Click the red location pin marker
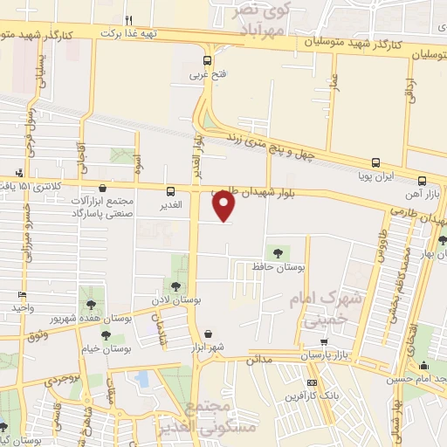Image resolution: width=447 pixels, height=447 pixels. pyautogui.click(x=224, y=206)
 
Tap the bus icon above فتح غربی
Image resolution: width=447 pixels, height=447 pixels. pyautogui.click(x=208, y=61)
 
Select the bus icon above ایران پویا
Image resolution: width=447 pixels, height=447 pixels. pyautogui.click(x=375, y=162)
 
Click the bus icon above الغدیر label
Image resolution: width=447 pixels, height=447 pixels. pyautogui.click(x=170, y=191)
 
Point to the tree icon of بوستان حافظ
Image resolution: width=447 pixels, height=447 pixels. pyautogui.click(x=278, y=252)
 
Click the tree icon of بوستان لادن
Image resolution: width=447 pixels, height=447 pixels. pyautogui.click(x=175, y=286)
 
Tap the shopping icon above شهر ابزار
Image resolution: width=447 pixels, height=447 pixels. pyautogui.click(x=209, y=334)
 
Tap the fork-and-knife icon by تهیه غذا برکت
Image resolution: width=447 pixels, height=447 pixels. pyautogui.click(x=128, y=19)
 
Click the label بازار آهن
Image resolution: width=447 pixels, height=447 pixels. pyautogui.click(x=429, y=178)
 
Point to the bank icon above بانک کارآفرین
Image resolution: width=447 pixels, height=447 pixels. pyautogui.click(x=312, y=382)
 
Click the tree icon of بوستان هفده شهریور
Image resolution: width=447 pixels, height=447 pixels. pyautogui.click(x=91, y=304)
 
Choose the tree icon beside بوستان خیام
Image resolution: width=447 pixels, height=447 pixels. pyautogui.click(x=106, y=335)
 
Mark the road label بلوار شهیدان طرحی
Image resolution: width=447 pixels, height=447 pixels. pyautogui.click(x=252, y=195)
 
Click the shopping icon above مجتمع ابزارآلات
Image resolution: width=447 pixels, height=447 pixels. pyautogui.click(x=104, y=187)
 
